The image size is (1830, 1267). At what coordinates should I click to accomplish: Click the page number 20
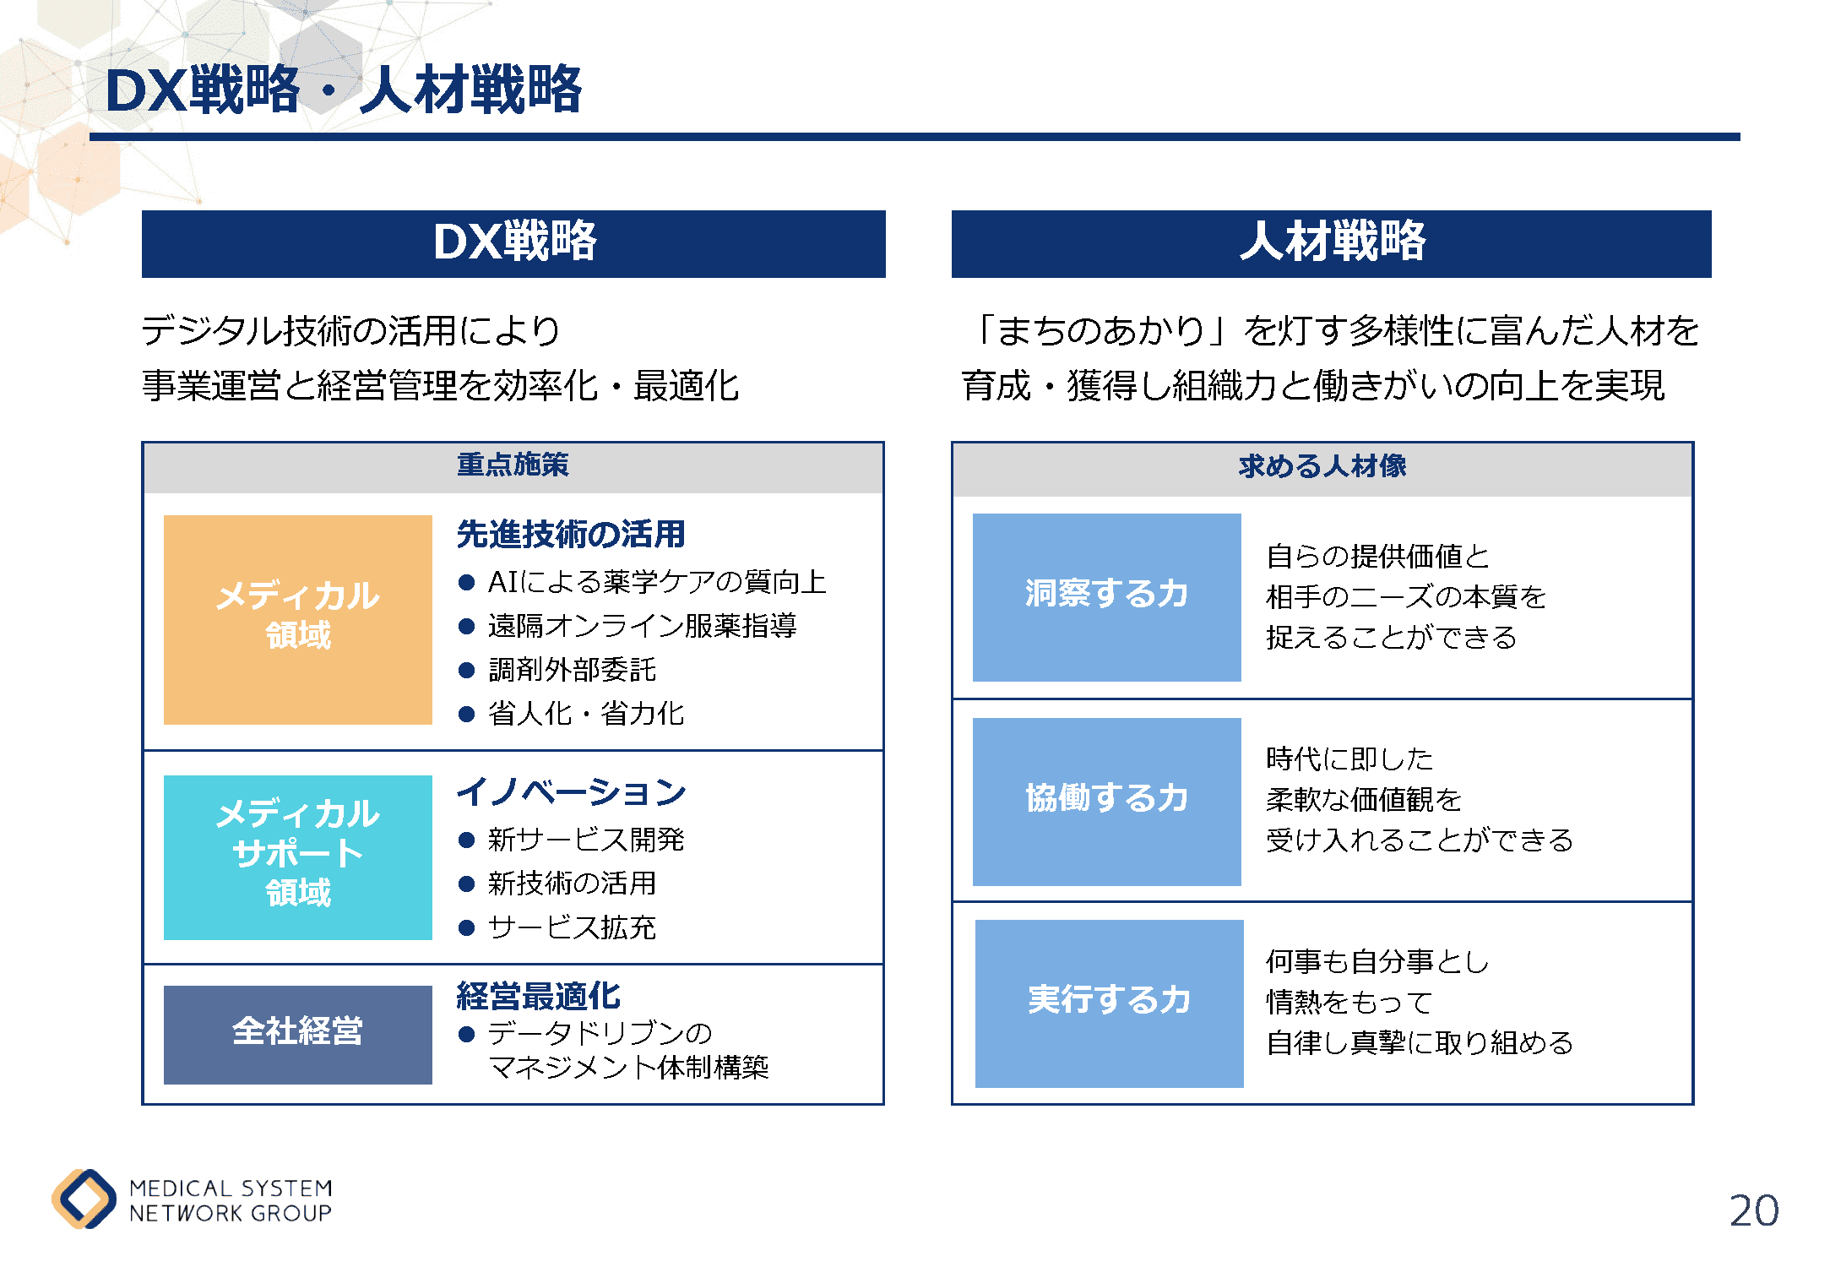1753,1210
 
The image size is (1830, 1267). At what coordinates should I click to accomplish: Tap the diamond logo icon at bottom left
84,1199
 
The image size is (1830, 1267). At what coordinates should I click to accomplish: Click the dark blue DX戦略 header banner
513,244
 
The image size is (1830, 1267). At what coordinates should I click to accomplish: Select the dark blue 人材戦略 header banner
1331,244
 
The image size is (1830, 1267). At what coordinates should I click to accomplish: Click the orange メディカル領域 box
298,619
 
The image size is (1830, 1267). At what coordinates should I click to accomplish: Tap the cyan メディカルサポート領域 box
298,857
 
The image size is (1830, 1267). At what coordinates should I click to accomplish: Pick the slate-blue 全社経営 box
298,1035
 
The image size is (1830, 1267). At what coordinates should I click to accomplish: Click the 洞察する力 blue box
1107,597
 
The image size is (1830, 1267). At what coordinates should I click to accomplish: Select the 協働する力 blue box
1107,802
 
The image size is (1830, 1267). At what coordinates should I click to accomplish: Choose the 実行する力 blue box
1110,1003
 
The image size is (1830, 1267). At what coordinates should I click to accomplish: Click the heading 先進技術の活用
571,534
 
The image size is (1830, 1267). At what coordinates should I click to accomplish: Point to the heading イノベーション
572,792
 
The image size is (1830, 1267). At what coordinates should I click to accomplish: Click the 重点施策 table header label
513,465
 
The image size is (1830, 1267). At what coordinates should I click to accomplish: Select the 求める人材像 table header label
1322,466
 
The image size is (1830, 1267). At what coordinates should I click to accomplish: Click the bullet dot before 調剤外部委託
466,671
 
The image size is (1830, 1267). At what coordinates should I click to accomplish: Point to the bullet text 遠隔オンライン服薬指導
643,626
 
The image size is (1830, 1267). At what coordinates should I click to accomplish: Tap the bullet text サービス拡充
572,927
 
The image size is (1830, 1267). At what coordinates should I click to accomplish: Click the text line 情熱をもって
1349,1003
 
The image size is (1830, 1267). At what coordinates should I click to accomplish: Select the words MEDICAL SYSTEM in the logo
231,1188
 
